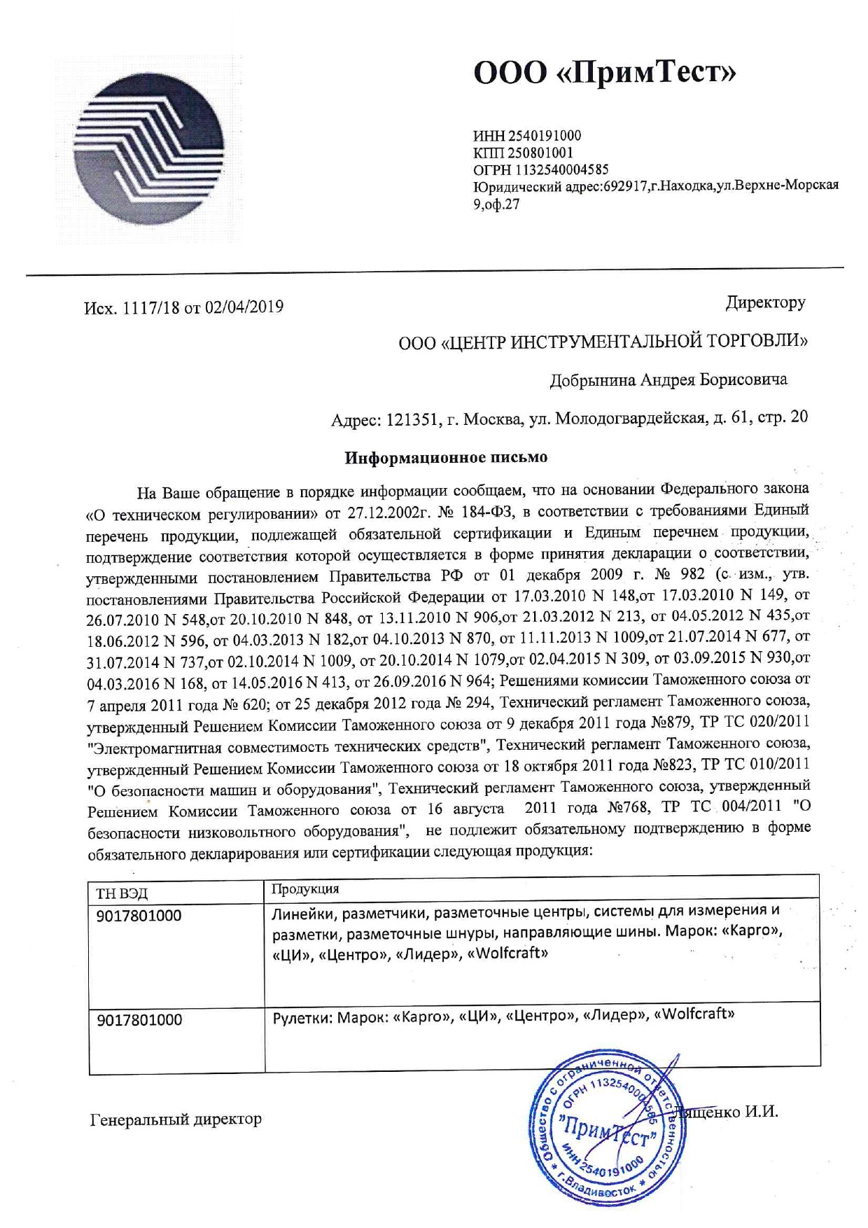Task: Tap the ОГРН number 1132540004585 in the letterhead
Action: pyautogui.click(x=562, y=169)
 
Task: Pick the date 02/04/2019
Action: pyautogui.click(x=244, y=307)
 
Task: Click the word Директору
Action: pyautogui.click(x=765, y=303)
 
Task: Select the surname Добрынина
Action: pyautogui.click(x=592, y=380)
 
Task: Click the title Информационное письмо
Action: pyautogui.click(x=446, y=458)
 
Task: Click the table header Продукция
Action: pyautogui.click(x=305, y=889)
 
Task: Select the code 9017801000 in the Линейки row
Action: pyautogui.click(x=139, y=916)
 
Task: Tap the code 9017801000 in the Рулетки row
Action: pyautogui.click(x=139, y=1019)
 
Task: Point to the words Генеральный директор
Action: pyautogui.click(x=176, y=1119)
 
